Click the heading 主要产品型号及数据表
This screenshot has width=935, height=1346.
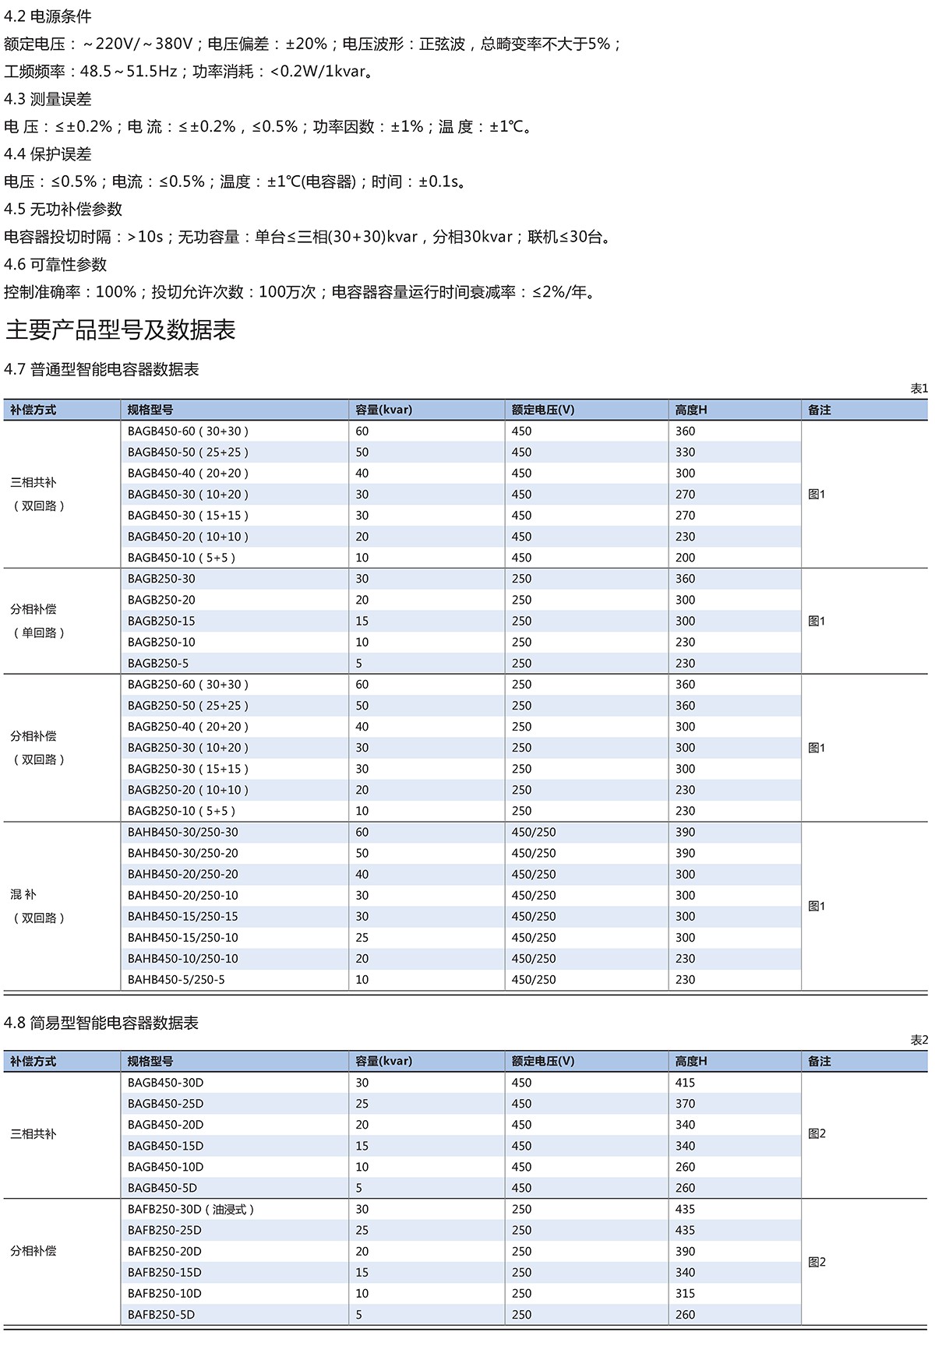coord(121,330)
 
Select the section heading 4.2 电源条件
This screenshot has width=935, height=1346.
coord(48,16)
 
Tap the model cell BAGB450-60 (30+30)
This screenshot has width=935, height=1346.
coord(188,432)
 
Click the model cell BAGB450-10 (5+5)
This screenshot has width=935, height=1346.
coord(182,558)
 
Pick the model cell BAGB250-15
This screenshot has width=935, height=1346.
coord(161,622)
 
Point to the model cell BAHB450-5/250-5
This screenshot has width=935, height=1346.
coord(176,980)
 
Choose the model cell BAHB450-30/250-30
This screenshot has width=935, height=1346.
coord(183,833)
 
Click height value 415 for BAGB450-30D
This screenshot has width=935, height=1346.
coord(686,1083)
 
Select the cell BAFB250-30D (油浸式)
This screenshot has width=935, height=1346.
coord(191,1210)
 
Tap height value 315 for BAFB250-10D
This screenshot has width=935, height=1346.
coord(686,1294)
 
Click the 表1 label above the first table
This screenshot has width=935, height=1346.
coord(919,389)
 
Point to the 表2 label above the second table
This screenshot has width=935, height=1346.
coord(919,1041)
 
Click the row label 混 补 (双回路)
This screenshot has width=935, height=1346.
coord(37,906)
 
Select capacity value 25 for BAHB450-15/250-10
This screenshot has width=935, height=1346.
coord(362,938)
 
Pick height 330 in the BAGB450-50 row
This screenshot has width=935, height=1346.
coord(686,453)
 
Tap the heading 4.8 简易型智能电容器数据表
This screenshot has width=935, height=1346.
coord(101,1024)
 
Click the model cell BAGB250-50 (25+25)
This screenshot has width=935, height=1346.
coord(188,706)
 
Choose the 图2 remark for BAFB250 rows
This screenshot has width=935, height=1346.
coord(817,1263)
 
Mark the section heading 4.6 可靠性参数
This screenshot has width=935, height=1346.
coord(55,265)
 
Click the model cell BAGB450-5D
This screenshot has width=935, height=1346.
coord(162,1189)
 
